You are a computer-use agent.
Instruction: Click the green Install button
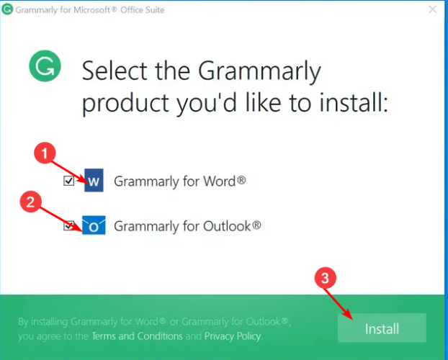point(382,328)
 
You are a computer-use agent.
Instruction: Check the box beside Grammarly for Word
point(69,181)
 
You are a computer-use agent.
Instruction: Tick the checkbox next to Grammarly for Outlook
point(69,226)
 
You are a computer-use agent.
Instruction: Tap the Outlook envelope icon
point(94,225)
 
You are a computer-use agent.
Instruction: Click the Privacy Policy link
point(232,336)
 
